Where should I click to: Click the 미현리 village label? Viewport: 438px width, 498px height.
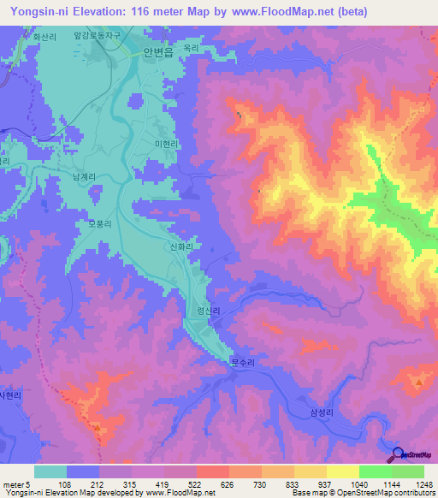[167, 145]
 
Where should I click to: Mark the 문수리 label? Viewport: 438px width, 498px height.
[243, 362]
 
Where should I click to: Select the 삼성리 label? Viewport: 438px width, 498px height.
[314, 412]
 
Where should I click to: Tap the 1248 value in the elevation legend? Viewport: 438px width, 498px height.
[415, 484]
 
